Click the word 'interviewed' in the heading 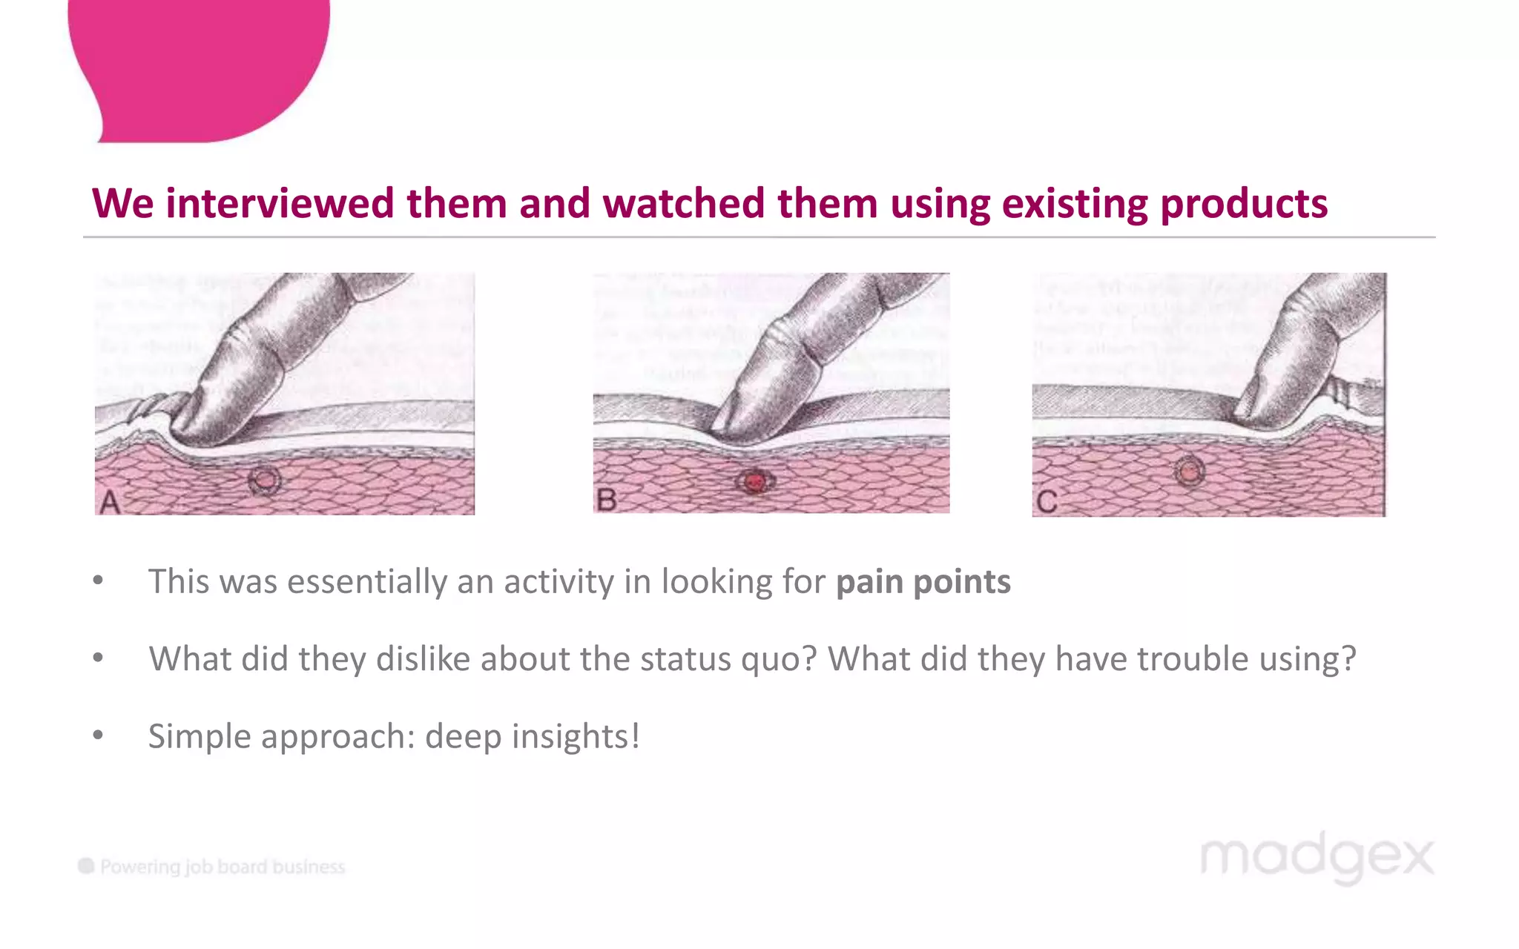280,203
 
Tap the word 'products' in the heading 1243,203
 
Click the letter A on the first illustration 110,502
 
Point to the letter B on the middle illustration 606,500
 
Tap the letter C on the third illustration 1047,502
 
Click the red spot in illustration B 755,483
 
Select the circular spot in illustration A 265,481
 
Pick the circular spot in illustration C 1189,471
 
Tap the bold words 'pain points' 923,581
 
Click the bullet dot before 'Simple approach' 98,735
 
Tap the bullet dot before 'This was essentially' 98,581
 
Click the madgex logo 1317,858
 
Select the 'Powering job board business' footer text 222,867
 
